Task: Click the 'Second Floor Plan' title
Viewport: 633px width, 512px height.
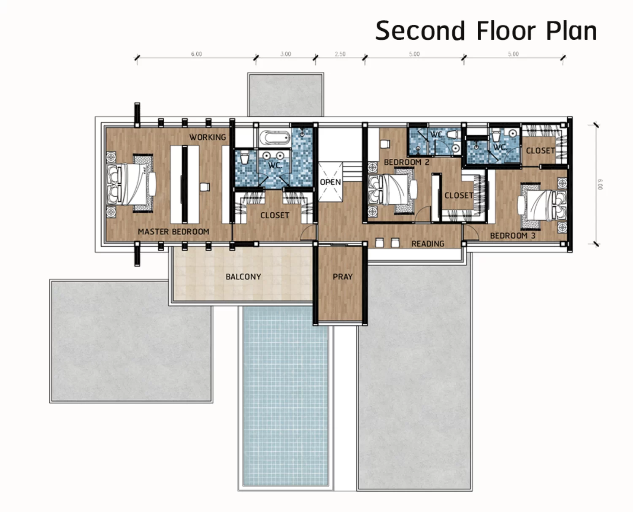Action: click(x=486, y=31)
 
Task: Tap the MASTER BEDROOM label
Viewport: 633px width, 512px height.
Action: click(x=173, y=231)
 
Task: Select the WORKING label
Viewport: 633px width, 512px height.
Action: click(x=208, y=137)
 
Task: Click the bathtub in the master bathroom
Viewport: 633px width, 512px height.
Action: click(x=275, y=138)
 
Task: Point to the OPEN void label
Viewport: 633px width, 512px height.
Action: click(x=330, y=182)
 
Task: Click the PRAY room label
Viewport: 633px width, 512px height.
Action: click(x=343, y=277)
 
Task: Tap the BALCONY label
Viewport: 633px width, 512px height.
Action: click(x=243, y=277)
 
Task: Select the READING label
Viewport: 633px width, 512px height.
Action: click(x=428, y=244)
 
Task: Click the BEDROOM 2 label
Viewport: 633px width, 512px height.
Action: click(x=406, y=162)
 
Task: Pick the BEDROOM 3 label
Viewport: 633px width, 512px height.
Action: click(x=513, y=236)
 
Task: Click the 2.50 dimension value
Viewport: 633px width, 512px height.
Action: click(x=340, y=54)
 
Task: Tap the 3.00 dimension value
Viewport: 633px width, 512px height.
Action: click(x=286, y=54)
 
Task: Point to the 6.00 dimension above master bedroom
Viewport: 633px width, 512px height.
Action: click(x=196, y=54)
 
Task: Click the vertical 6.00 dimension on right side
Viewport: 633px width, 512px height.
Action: click(x=601, y=184)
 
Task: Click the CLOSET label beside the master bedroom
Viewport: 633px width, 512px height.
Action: click(x=275, y=215)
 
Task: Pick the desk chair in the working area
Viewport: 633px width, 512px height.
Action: click(x=205, y=187)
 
